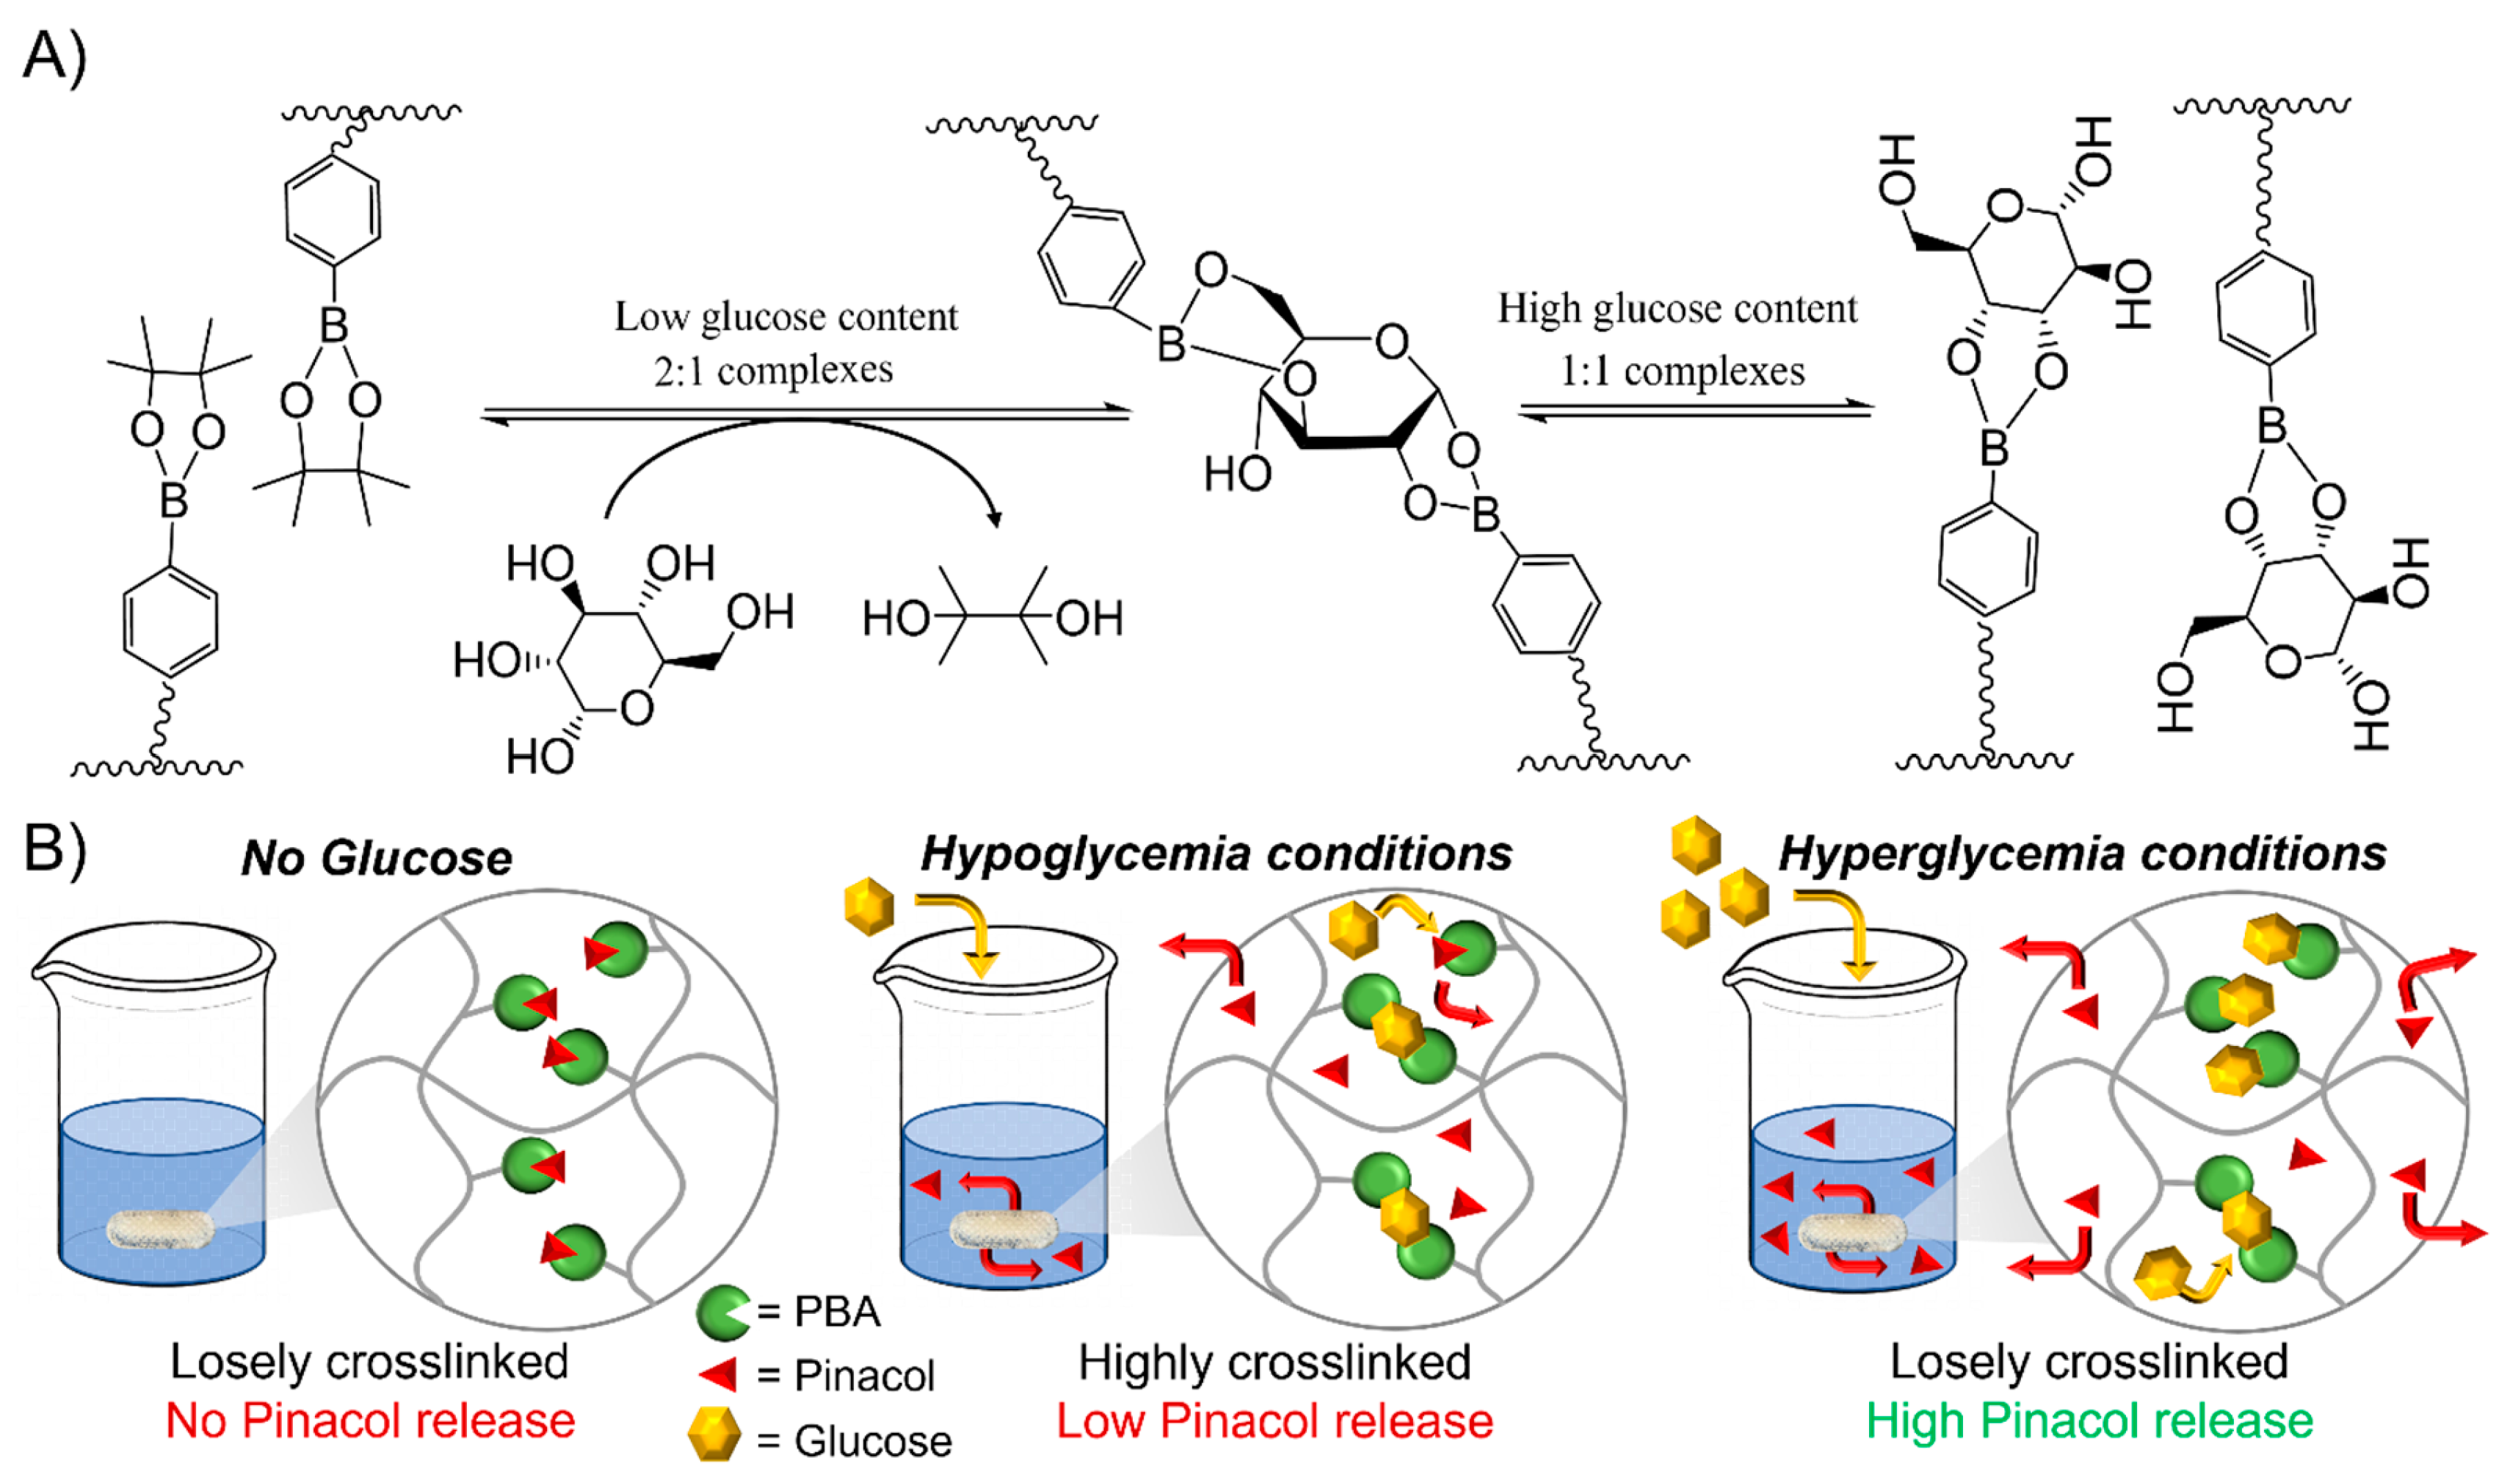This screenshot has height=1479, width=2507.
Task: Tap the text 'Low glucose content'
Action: click(x=786, y=317)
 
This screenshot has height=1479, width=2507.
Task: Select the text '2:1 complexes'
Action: click(x=774, y=371)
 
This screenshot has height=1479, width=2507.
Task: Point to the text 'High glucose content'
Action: click(x=1677, y=309)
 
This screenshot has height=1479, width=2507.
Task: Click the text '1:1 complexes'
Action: click(x=1683, y=371)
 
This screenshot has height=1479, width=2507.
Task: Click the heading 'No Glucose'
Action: click(x=377, y=858)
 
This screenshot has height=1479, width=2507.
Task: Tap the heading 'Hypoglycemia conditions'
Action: click(x=1216, y=854)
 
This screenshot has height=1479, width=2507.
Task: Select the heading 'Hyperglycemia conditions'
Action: click(x=2083, y=854)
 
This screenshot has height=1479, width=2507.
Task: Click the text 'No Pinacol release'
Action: click(x=371, y=1421)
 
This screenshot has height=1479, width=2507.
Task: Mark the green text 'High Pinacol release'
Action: click(x=2089, y=1421)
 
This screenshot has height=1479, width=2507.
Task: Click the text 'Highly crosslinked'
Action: click(x=1275, y=1362)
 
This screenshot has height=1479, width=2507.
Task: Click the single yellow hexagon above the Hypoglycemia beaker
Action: click(x=868, y=906)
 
